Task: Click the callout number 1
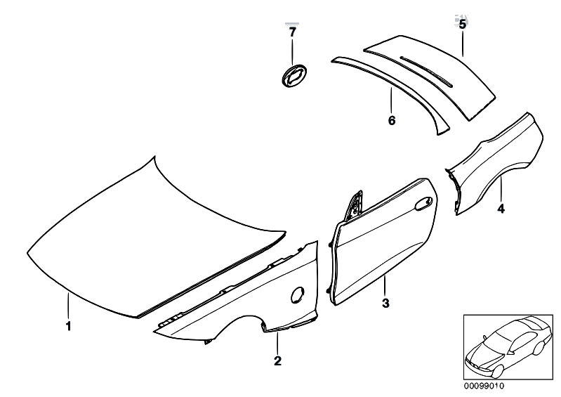point(68,326)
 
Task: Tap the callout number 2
point(277,360)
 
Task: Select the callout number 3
point(385,304)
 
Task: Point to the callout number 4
point(501,209)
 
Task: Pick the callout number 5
point(463,25)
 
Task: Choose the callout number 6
point(392,120)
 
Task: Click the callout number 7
point(293,32)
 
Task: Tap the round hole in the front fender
point(298,294)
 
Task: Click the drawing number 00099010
point(484,386)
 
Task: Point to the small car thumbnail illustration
point(508,348)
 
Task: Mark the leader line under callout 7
point(293,52)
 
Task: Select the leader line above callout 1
point(68,306)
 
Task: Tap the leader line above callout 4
point(501,190)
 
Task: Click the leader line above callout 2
point(277,343)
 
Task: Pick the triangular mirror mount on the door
point(354,207)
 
